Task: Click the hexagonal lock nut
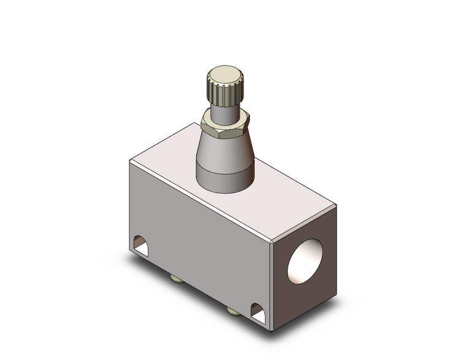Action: click(224, 127)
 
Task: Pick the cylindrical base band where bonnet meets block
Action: click(224, 180)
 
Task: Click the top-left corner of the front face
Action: click(129, 161)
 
